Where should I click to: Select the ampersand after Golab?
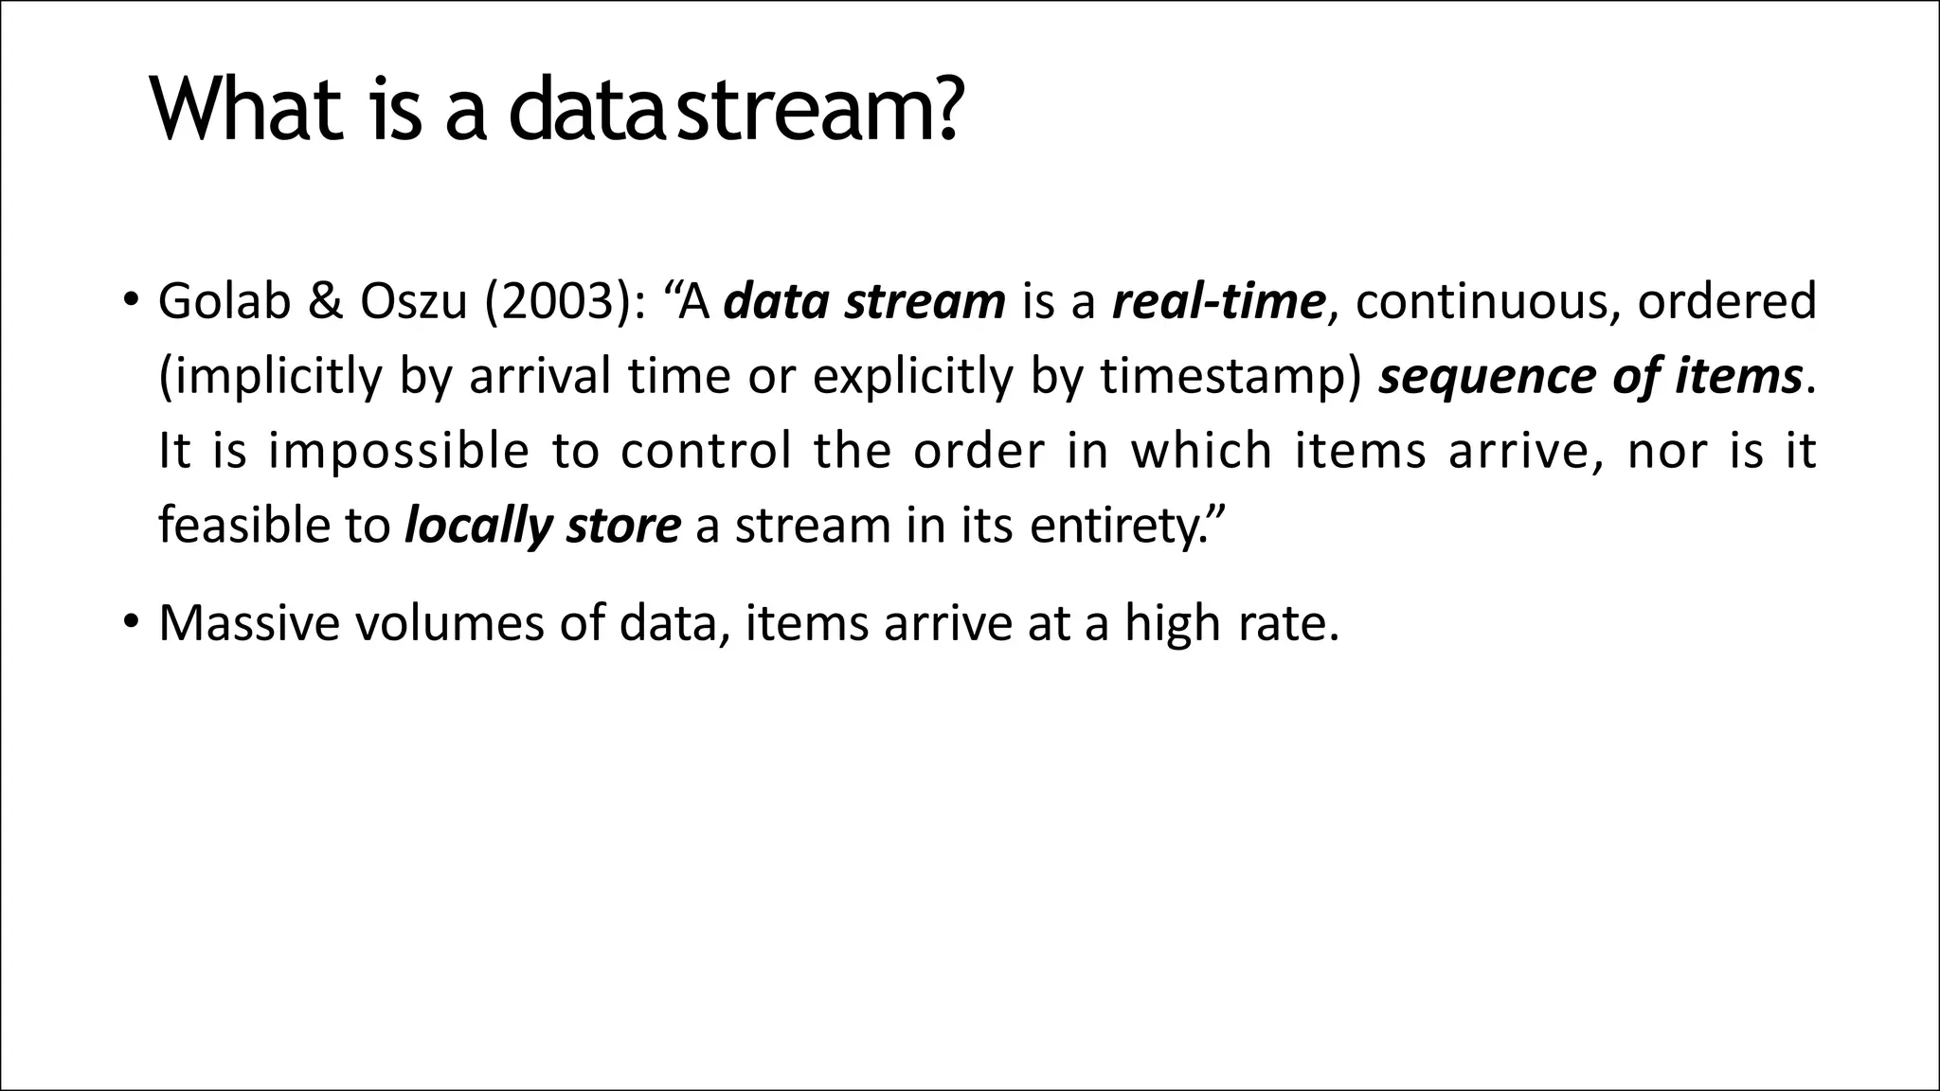(x=327, y=301)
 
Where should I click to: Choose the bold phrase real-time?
(x=1217, y=301)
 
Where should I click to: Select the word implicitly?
(x=270, y=376)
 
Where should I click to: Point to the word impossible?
(x=398, y=451)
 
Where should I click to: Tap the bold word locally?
(x=478, y=525)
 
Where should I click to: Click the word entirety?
(x=1118, y=525)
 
